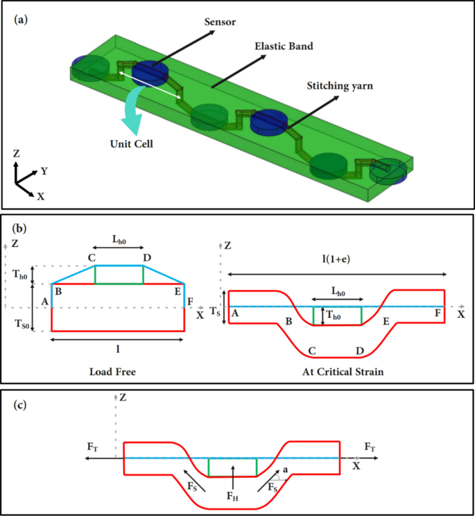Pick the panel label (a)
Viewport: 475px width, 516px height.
coord(21,19)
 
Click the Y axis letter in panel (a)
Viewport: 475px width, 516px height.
coord(44,170)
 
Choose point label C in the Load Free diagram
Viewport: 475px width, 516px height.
coord(91,258)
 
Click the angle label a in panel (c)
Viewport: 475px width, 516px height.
coord(284,470)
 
